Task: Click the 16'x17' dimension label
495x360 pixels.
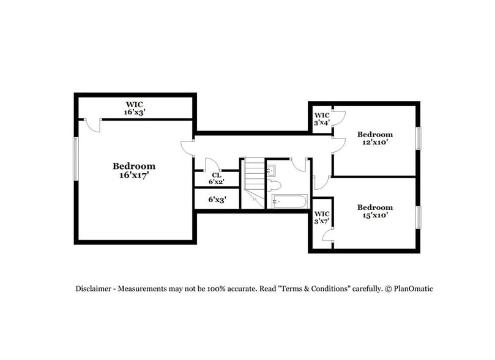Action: point(133,175)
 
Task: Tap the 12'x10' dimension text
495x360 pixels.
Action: point(375,142)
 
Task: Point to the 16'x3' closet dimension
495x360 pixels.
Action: point(135,112)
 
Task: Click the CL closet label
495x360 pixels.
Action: point(217,174)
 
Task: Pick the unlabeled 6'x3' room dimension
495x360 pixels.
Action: point(217,199)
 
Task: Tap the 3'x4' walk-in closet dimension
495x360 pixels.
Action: point(322,122)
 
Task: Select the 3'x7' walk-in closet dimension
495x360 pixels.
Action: point(322,221)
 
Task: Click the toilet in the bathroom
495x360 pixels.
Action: point(275,185)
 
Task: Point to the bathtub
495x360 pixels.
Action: point(288,201)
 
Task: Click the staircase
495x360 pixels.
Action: point(253,181)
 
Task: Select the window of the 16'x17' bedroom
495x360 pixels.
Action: point(76,159)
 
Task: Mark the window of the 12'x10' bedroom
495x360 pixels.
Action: point(419,138)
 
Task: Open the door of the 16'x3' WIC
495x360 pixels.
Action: point(92,124)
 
